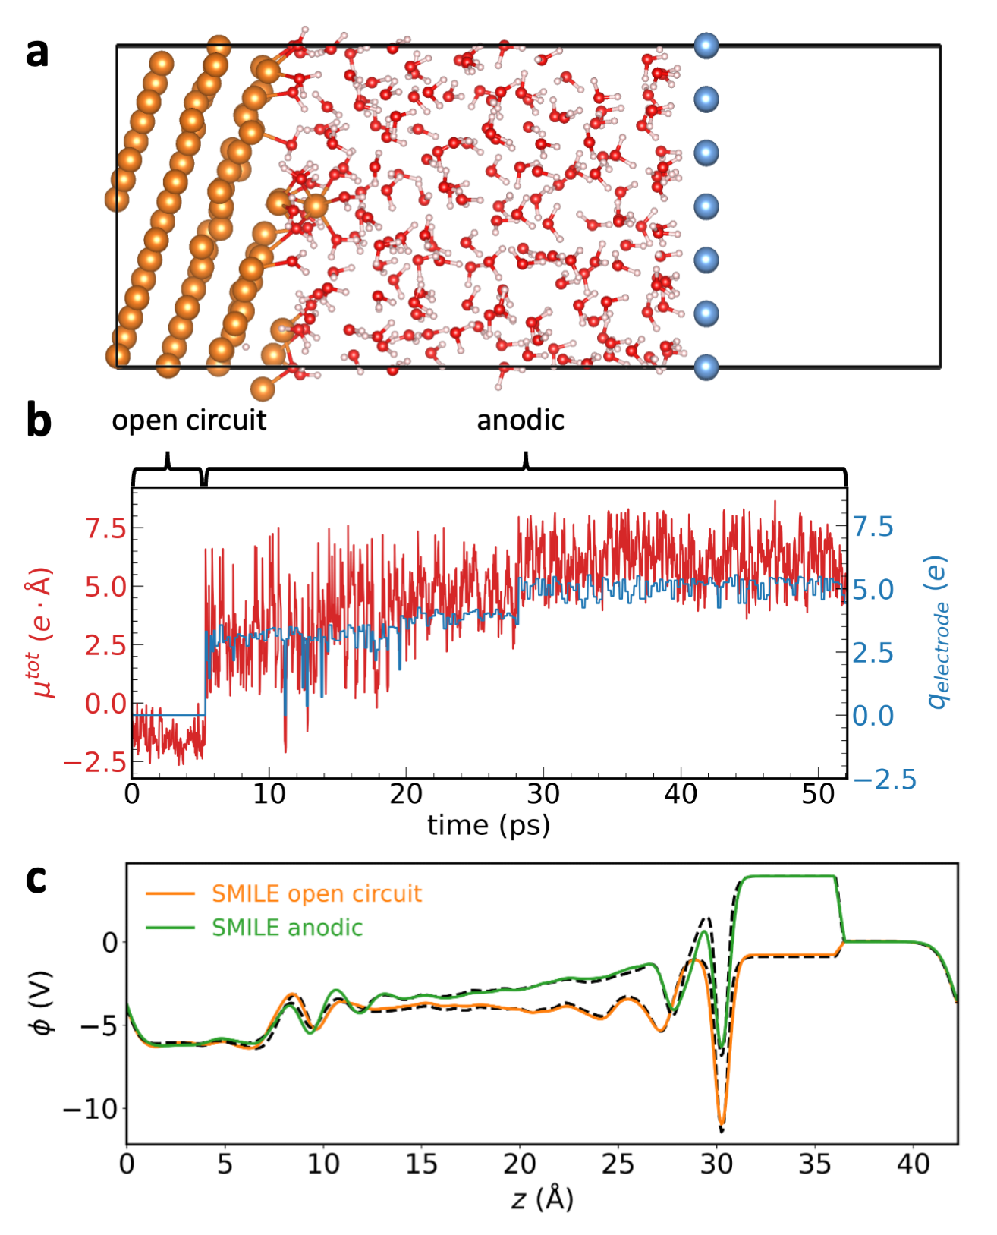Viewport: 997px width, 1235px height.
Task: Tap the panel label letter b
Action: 38,421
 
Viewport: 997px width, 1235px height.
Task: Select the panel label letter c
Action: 36,880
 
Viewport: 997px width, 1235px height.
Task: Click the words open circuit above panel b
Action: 189,420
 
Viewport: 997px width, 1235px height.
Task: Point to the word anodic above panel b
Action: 521,420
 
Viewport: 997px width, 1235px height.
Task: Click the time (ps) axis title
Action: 489,825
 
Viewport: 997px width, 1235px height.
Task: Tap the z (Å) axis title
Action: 542,1199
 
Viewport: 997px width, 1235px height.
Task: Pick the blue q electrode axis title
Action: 938,632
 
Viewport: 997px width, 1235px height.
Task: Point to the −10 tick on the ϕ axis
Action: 90,1109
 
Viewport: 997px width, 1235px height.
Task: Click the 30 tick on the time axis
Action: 543,794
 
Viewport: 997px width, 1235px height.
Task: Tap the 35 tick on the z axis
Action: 815,1164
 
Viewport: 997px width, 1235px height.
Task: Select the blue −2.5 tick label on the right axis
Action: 885,780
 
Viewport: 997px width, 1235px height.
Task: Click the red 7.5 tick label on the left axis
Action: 105,528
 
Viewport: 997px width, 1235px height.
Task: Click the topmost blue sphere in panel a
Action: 706,46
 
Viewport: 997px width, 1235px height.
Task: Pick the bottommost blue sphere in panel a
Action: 706,367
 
